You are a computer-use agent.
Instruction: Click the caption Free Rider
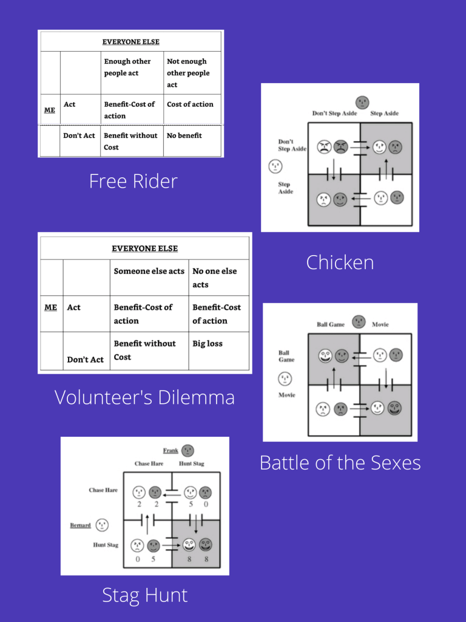(x=133, y=181)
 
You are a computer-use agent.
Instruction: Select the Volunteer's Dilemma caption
(x=144, y=397)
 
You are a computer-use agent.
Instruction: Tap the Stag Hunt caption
(x=144, y=595)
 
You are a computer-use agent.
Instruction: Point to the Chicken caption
(x=340, y=262)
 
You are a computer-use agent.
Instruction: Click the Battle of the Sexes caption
(x=340, y=463)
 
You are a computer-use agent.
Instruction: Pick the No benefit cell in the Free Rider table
(x=184, y=135)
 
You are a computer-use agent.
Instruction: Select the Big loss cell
(x=208, y=344)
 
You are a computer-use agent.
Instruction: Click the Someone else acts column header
(x=149, y=272)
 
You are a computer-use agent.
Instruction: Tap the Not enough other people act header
(x=188, y=73)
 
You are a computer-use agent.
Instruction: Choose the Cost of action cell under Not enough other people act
(x=190, y=104)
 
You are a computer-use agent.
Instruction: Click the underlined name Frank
(x=171, y=451)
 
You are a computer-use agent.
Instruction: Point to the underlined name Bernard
(x=80, y=525)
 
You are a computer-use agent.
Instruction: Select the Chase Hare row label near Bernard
(x=103, y=490)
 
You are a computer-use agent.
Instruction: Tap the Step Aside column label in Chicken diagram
(x=385, y=114)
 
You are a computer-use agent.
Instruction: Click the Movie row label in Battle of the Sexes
(x=286, y=395)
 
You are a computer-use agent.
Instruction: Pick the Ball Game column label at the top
(x=331, y=324)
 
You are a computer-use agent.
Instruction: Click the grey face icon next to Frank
(x=187, y=451)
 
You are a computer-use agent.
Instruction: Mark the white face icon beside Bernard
(x=102, y=525)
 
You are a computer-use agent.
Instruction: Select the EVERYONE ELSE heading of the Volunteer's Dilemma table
(x=144, y=248)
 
